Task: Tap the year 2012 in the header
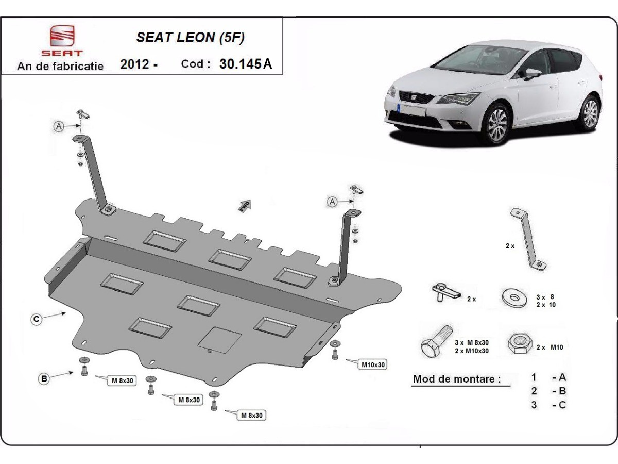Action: coord(135,64)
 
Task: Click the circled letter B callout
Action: coord(45,379)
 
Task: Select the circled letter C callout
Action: coord(36,320)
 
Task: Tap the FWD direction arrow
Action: coord(245,205)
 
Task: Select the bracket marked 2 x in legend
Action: coord(528,240)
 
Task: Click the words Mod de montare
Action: coord(456,379)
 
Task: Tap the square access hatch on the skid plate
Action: coord(220,340)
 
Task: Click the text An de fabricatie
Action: coord(60,67)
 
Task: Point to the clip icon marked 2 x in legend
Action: coord(445,292)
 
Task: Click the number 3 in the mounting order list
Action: coord(534,405)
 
